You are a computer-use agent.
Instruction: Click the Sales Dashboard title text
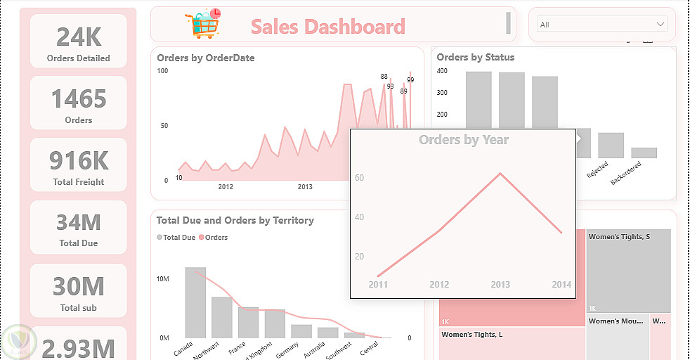[x=327, y=27]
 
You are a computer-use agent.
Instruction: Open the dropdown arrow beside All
[x=660, y=25]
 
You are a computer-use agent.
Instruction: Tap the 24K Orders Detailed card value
[x=79, y=37]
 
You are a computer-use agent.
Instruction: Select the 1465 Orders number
[x=79, y=98]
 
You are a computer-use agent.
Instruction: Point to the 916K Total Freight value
[x=79, y=160]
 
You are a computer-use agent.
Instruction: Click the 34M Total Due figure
[x=79, y=222]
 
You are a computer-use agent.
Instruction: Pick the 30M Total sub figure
[x=79, y=286]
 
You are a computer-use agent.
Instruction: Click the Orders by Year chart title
[x=464, y=140]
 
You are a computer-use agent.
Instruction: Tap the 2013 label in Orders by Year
[x=500, y=285]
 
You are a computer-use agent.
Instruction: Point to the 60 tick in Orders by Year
[x=359, y=178]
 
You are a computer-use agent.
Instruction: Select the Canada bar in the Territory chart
[x=195, y=302]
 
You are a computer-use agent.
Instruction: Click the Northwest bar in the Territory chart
[x=222, y=317]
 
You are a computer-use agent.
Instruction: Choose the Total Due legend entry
[x=176, y=238]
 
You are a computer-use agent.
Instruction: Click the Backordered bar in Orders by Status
[x=644, y=153]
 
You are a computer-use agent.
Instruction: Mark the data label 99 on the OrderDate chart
[x=410, y=80]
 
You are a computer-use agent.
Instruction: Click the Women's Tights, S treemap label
[x=619, y=237]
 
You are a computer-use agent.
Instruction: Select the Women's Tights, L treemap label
[x=471, y=334]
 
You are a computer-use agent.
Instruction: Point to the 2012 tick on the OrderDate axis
[x=226, y=187]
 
